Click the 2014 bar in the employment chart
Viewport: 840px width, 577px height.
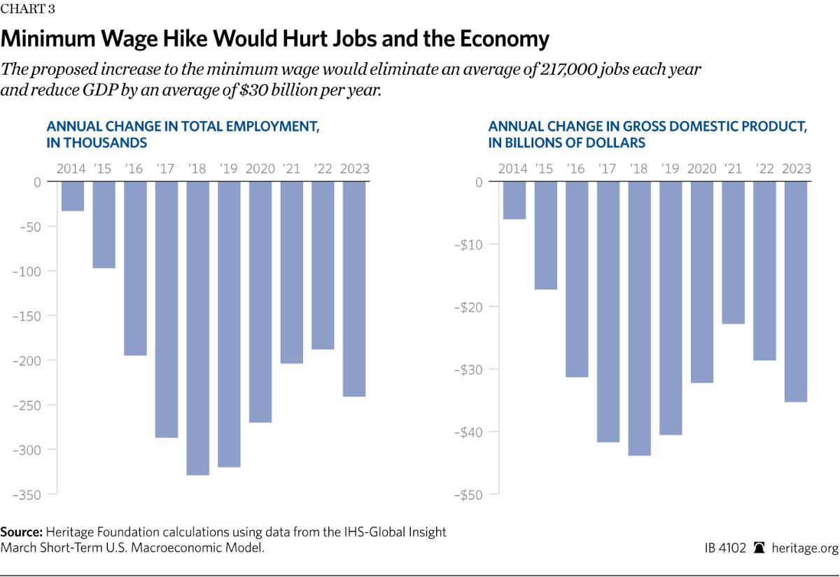[x=72, y=196]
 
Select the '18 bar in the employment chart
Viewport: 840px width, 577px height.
[x=197, y=328]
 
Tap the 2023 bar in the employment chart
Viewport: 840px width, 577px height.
[x=354, y=288]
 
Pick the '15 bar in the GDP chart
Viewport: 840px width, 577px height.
[x=545, y=235]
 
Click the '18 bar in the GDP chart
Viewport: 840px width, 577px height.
[x=639, y=318]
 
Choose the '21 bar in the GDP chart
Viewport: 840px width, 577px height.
[x=733, y=252]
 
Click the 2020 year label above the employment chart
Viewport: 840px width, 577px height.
[x=260, y=169]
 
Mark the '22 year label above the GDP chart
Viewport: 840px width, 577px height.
[x=764, y=169]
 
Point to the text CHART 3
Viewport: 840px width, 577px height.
[x=28, y=9]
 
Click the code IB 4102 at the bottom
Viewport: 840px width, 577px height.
[x=727, y=548]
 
